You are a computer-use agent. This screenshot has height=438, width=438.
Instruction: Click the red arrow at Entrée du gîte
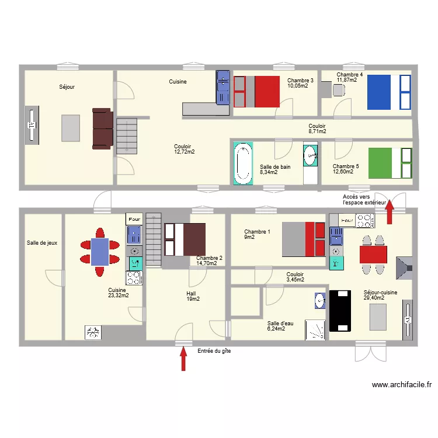tap(183, 359)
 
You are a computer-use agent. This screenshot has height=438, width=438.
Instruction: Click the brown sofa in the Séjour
tap(102, 128)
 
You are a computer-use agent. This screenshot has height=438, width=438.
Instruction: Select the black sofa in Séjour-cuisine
tap(339, 310)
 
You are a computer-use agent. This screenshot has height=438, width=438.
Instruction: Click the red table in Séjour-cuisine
tap(373, 255)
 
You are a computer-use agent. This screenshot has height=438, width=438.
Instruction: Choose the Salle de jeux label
tap(43, 243)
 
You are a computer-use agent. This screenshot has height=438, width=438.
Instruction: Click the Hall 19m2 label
tap(193, 296)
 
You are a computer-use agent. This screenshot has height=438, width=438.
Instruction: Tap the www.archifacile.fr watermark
tap(401, 385)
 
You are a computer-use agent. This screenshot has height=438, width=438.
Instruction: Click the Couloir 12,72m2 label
tap(184, 149)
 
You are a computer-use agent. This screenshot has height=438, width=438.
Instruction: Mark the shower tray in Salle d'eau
tap(317, 329)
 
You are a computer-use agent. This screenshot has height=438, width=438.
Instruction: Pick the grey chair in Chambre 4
tap(338, 90)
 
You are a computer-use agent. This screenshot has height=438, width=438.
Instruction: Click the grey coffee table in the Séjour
tap(71, 128)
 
